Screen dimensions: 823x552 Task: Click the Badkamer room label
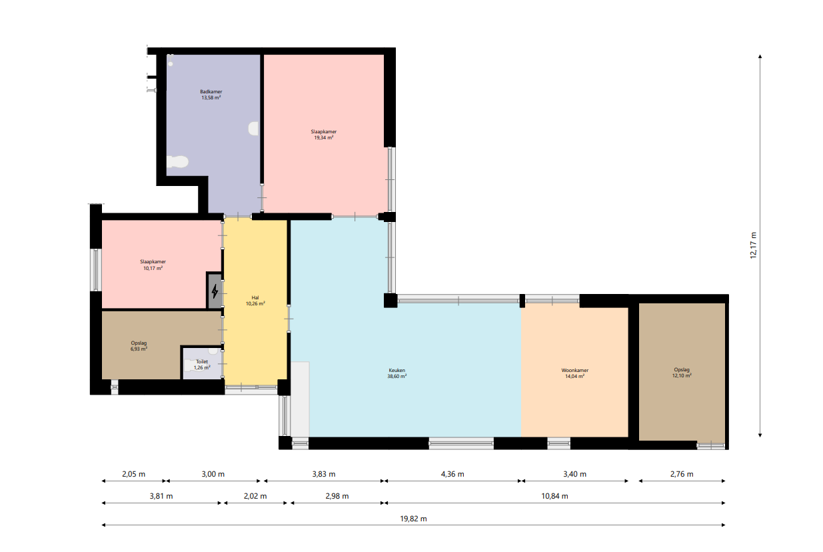coord(211,91)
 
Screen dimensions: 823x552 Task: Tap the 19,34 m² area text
coord(324,138)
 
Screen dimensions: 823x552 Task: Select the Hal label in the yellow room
coord(255,298)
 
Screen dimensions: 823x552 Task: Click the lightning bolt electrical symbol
coord(215,291)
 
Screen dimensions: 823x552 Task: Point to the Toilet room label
coord(202,361)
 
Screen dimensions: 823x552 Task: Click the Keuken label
coord(397,371)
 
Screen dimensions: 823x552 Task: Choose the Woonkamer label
coord(574,371)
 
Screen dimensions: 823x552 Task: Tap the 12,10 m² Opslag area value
coord(682,375)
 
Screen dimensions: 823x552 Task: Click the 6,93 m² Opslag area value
coord(139,349)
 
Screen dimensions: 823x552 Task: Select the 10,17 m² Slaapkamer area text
coord(153,268)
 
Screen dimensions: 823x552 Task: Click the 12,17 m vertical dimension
coord(753,245)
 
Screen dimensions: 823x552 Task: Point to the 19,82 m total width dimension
coord(413,519)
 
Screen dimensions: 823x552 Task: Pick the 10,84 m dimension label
coord(554,496)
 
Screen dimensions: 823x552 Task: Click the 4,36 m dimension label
coord(452,474)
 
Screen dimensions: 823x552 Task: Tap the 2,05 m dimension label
coord(134,474)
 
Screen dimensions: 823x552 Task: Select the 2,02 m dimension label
coord(255,496)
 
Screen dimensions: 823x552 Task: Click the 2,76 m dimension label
coord(682,474)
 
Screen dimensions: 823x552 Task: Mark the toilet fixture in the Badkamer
coord(177,162)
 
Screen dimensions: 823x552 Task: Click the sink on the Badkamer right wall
coord(253,129)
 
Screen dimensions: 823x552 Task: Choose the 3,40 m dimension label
coord(574,474)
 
